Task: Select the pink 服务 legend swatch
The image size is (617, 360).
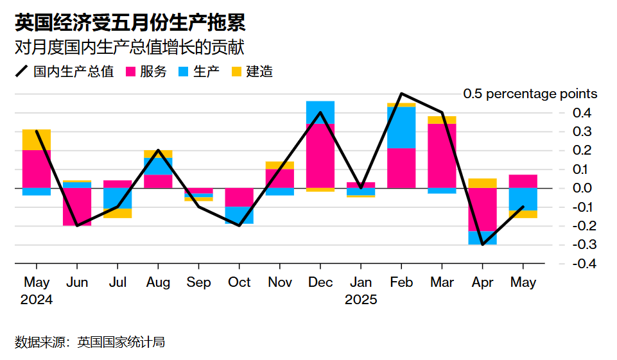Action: coord(130,72)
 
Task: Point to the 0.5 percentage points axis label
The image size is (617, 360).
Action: coord(530,94)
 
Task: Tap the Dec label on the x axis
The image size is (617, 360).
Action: coord(320,283)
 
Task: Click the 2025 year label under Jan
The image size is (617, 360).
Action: coord(361,300)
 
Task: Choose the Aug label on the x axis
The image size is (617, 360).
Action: coord(158,283)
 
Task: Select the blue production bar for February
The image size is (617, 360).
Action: coord(401,127)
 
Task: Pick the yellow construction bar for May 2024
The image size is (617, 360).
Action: coord(37,139)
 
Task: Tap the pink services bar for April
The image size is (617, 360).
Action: coord(482,209)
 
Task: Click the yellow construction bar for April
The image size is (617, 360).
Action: coord(482,183)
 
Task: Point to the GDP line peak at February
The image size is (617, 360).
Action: coord(401,94)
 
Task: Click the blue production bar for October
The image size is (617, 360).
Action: coord(239,215)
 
